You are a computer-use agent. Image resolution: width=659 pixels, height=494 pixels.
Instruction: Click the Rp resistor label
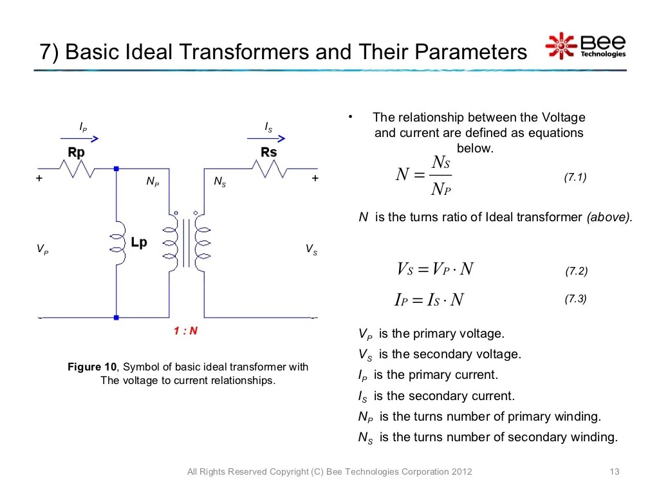(76, 153)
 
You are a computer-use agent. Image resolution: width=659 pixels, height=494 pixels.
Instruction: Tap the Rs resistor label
(268, 152)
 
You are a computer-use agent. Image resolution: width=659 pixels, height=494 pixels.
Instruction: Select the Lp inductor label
(138, 242)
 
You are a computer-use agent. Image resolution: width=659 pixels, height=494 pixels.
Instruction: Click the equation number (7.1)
(575, 177)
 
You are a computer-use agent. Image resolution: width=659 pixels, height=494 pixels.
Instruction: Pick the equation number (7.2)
(576, 271)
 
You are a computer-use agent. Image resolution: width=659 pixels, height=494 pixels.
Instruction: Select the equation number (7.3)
(575, 299)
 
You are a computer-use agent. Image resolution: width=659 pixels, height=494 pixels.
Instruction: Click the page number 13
(613, 472)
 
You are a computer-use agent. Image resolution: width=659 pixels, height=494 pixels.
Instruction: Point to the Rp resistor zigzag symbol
(77, 169)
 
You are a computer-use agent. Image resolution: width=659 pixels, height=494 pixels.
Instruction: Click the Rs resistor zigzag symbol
(270, 169)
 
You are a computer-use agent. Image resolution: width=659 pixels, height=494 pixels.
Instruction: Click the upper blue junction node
(116, 169)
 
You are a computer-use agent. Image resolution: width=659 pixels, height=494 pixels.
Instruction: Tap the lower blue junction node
(116, 317)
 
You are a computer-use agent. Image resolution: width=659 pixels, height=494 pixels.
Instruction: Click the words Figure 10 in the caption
(93, 367)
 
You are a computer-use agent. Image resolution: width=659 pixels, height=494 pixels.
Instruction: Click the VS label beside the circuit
(311, 250)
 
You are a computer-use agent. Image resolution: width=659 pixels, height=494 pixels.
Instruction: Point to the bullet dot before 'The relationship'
(351, 117)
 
